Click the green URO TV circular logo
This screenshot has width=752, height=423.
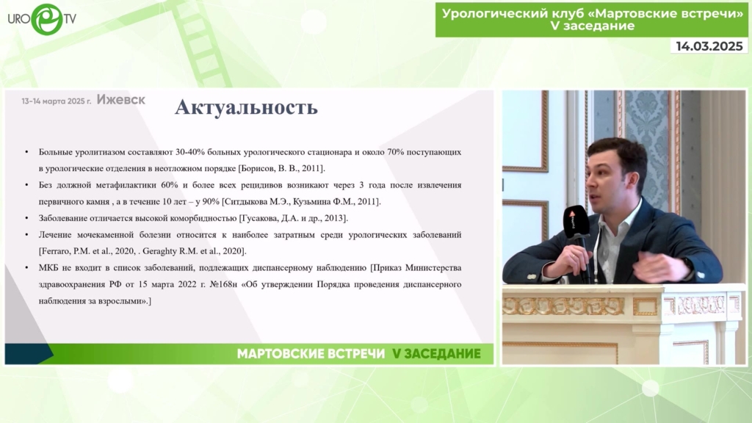click(46, 18)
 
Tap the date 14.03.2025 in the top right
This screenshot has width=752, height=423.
click(709, 46)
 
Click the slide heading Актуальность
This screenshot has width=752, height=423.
click(246, 107)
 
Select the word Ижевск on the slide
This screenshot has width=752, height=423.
click(121, 99)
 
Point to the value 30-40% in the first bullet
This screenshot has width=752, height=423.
click(190, 152)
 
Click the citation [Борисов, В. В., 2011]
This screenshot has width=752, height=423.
click(281, 168)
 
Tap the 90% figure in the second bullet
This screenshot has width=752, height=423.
click(211, 201)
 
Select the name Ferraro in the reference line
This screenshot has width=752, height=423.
click(56, 251)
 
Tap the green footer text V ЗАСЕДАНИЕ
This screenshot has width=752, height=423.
click(436, 354)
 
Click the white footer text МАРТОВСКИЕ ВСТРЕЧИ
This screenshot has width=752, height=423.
click(311, 354)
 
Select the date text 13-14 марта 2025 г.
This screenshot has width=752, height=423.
click(56, 101)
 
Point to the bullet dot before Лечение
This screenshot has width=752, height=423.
click(27, 235)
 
